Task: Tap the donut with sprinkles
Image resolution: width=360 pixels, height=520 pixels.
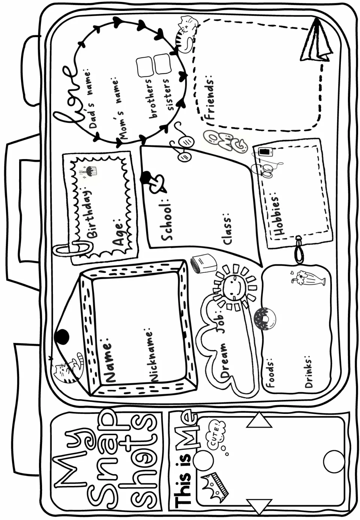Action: click(264, 319)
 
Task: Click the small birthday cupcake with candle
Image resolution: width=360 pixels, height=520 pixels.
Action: click(88, 171)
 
